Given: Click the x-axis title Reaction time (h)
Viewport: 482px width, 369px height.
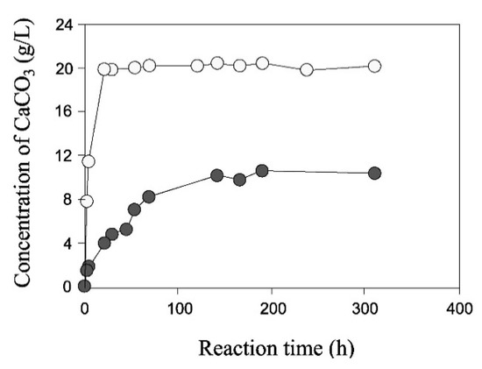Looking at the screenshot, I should pyautogui.click(x=275, y=348).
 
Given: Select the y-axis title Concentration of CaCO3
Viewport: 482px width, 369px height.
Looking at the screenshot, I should pyautogui.click(x=24, y=153).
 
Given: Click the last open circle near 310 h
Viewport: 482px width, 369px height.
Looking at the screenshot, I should pyautogui.click(x=374, y=66).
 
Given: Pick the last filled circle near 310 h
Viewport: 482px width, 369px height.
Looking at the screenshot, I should pyautogui.click(x=374, y=174).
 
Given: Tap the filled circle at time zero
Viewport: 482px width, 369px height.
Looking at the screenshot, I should pyautogui.click(x=84, y=286).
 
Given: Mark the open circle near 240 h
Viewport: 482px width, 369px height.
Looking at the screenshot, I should pyautogui.click(x=307, y=69).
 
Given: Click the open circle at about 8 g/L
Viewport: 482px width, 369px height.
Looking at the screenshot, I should pyautogui.click(x=86, y=201).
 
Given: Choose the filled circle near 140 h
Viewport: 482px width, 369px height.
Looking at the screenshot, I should pyautogui.click(x=216, y=175).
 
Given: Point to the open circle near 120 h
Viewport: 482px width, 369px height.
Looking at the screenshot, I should pyautogui.click(x=197, y=66).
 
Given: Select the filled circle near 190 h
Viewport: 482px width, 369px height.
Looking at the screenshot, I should pyautogui.click(x=262, y=171).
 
